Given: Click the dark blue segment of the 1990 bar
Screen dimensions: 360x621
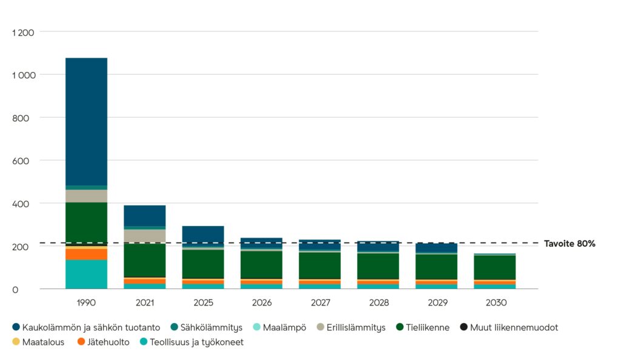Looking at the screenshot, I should click(x=86, y=121).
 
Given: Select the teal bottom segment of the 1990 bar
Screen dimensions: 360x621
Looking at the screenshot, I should click(x=86, y=275).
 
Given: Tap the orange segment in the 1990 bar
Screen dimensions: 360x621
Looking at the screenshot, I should click(x=86, y=254).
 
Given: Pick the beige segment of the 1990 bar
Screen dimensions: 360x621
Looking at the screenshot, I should click(x=86, y=196).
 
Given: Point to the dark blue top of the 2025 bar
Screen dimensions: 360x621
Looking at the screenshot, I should click(x=203, y=235).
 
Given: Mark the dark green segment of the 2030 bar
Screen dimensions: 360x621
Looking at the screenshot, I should click(x=495, y=267).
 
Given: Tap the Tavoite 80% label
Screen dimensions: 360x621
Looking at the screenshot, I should click(x=569, y=244).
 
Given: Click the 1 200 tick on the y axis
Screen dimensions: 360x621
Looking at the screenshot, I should click(x=23, y=32).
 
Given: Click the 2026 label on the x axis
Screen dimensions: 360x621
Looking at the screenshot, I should click(x=261, y=302).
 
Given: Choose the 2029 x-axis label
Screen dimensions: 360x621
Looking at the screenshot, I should click(x=437, y=302).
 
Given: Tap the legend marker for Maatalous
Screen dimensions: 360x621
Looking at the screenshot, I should click(x=16, y=342).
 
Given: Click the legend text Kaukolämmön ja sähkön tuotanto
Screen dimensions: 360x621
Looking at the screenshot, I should click(x=91, y=327).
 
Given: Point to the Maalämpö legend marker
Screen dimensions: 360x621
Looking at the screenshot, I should click(x=257, y=327).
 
